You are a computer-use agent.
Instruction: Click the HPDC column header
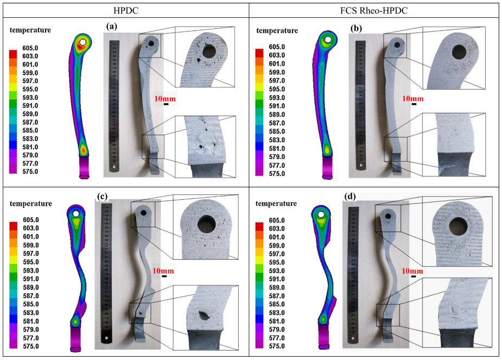[126, 10]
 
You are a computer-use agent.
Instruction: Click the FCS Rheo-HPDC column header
[373, 10]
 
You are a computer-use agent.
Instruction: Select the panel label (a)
[112, 26]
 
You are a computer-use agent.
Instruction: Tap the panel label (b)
[356, 28]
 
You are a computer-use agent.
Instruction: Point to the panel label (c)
[102, 196]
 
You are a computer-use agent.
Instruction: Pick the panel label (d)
[350, 196]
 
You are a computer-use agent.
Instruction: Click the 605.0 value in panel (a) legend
[30, 48]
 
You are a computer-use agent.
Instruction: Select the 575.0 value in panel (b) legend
[277, 174]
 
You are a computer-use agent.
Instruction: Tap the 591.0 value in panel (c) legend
[31, 279]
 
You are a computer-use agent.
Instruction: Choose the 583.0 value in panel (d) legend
[277, 313]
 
